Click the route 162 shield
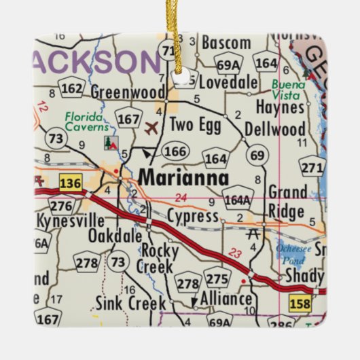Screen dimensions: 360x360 pyautogui.click(x=71, y=87)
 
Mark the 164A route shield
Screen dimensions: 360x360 pyautogui.click(x=236, y=200)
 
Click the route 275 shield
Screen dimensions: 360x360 pyautogui.click(x=217, y=279)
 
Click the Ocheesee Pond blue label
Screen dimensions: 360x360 pyautogui.click(x=293, y=254)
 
